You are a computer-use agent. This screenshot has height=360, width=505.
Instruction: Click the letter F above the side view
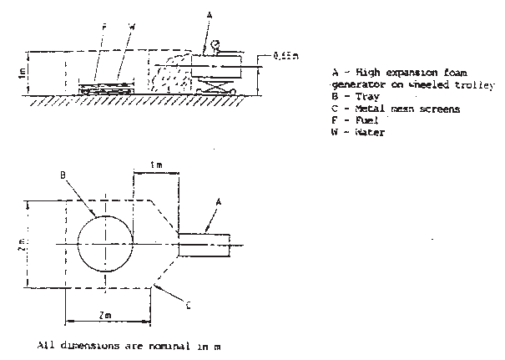pyautogui.click(x=104, y=28)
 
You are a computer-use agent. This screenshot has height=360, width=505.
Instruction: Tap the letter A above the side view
pyautogui.click(x=208, y=16)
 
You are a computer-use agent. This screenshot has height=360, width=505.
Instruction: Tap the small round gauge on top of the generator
pyautogui.click(x=216, y=44)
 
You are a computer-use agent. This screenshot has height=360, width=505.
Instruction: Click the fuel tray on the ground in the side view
pyautogui.click(x=106, y=85)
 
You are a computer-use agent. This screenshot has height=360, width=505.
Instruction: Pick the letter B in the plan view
pyautogui.click(x=63, y=176)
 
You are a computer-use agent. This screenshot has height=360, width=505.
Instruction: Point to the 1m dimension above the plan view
pyautogui.click(x=159, y=164)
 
